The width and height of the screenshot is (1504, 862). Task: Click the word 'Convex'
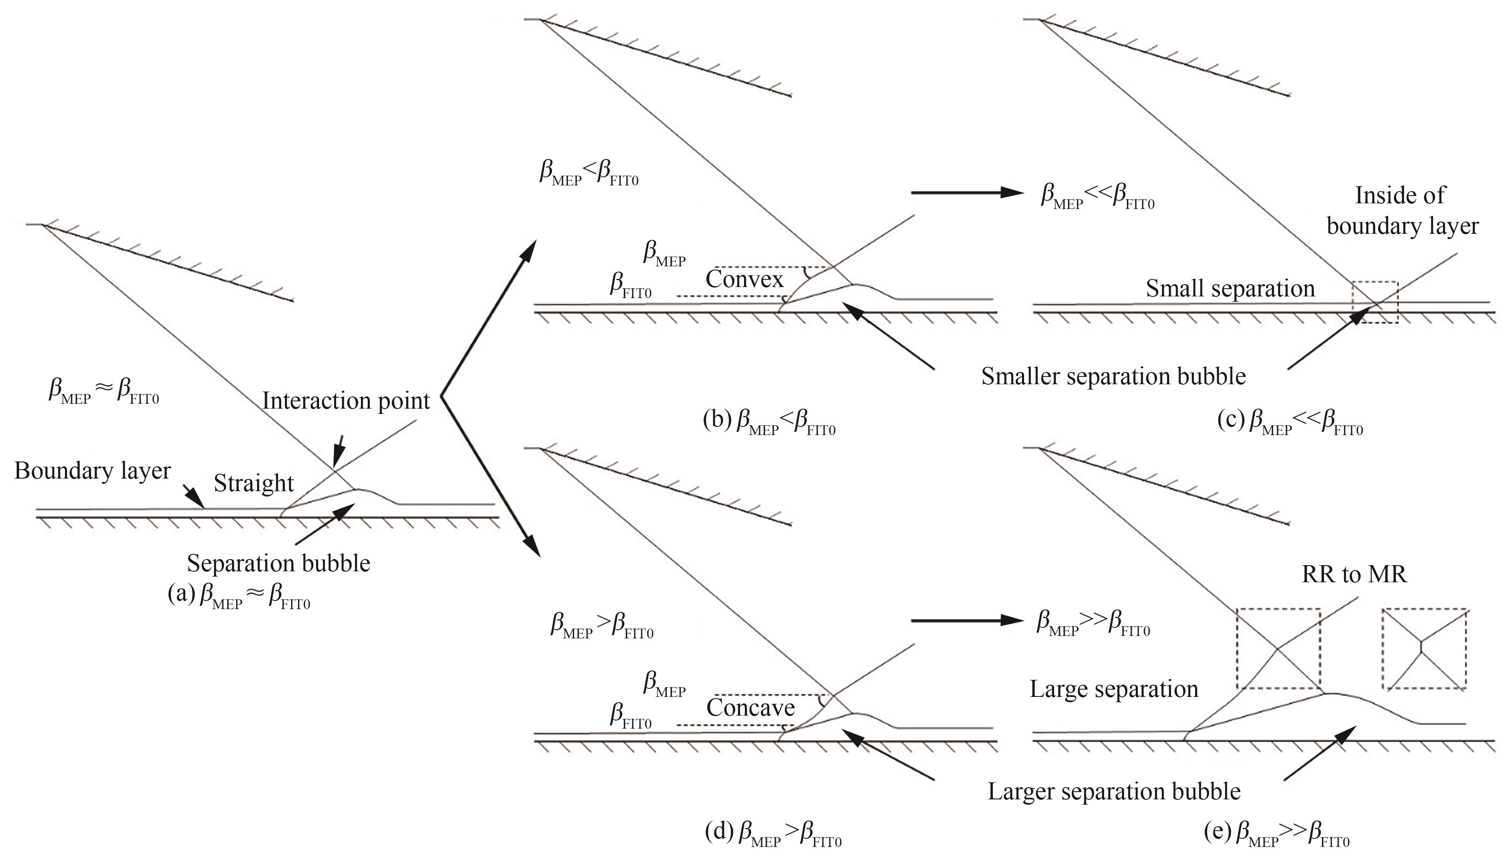click(x=744, y=279)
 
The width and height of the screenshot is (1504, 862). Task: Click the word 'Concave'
click(x=750, y=708)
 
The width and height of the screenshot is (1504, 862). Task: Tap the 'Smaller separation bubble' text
click(x=1113, y=377)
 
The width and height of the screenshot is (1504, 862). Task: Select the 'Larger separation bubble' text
click(x=1113, y=792)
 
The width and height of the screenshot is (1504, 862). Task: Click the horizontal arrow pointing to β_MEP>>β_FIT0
click(x=967, y=620)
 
